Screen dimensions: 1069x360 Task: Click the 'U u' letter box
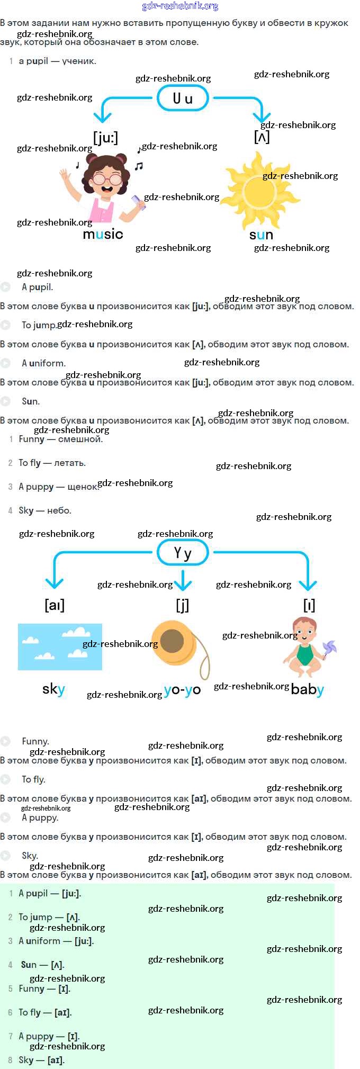183,98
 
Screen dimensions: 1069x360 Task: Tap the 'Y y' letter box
183,553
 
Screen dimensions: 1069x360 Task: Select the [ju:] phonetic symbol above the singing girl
105,138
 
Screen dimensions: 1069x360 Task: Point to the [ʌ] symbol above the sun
262,137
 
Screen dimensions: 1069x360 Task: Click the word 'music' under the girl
103,234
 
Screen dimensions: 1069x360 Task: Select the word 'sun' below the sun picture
261,235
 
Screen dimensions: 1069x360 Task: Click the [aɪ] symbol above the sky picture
55,605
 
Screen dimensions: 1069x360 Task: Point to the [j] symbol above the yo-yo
182,605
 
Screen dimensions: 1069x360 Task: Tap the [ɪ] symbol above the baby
309,605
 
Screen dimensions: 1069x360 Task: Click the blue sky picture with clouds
60,646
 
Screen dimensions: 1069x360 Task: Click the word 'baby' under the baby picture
307,689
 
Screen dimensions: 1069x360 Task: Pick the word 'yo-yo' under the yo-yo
182,689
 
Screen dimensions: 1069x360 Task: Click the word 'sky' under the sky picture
53,689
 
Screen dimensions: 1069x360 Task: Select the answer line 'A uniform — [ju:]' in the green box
56,941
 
